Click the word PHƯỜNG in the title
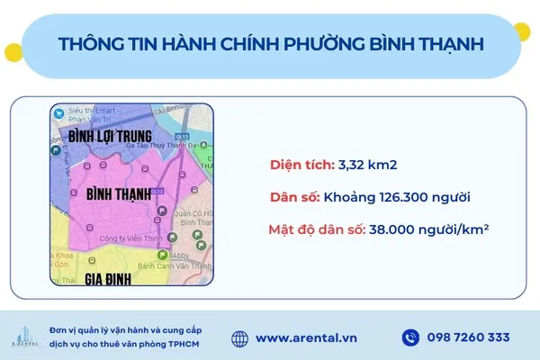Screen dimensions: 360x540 341,44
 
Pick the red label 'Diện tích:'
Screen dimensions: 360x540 301,165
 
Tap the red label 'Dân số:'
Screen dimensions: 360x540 301,197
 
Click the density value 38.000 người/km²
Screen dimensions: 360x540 428,229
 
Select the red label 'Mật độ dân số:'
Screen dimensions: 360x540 315,229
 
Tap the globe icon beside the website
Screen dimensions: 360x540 239,338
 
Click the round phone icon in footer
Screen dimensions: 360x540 410,338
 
